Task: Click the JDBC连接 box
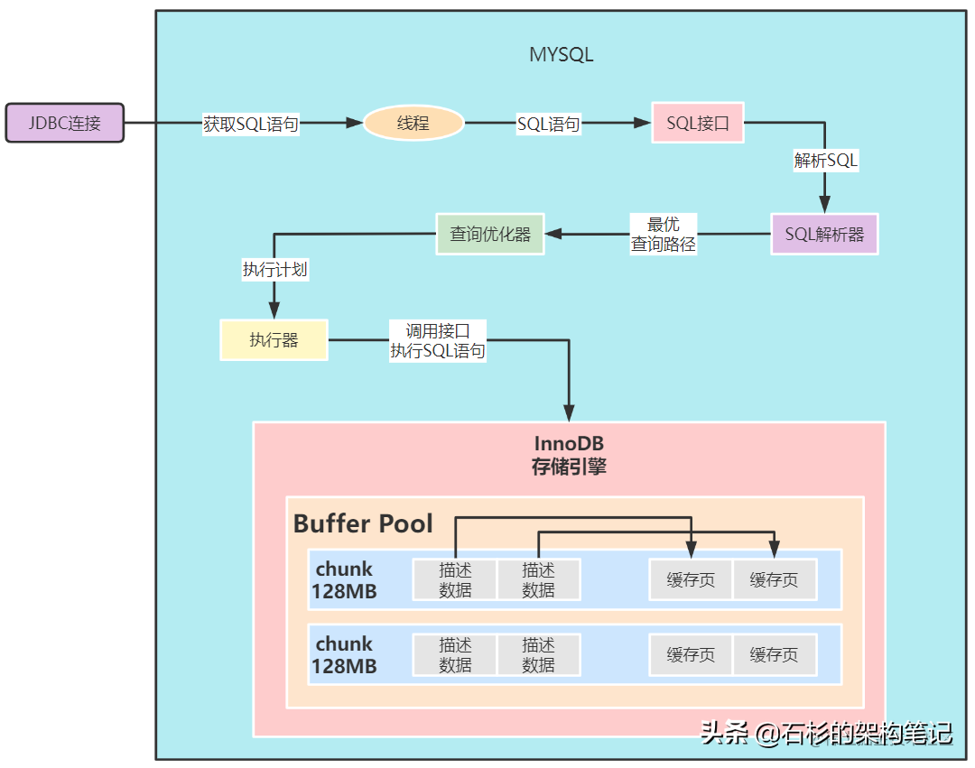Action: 64,123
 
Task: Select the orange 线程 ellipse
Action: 413,123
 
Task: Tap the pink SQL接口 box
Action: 698,123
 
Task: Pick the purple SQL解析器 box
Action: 824,234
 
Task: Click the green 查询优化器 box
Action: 490,234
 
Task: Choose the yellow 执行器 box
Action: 274,340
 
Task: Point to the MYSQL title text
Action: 561,54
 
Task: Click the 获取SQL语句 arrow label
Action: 250,125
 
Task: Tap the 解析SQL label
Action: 825,161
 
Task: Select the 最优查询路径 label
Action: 664,234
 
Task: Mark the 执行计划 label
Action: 274,269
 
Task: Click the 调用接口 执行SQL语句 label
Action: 438,341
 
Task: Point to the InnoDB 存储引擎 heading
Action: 569,455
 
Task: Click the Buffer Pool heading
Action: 363,523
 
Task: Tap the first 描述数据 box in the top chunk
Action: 455,579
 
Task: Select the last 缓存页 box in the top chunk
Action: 774,579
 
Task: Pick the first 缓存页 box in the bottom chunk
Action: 691,654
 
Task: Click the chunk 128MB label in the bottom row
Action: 344,655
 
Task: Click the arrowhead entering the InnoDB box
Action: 570,413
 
